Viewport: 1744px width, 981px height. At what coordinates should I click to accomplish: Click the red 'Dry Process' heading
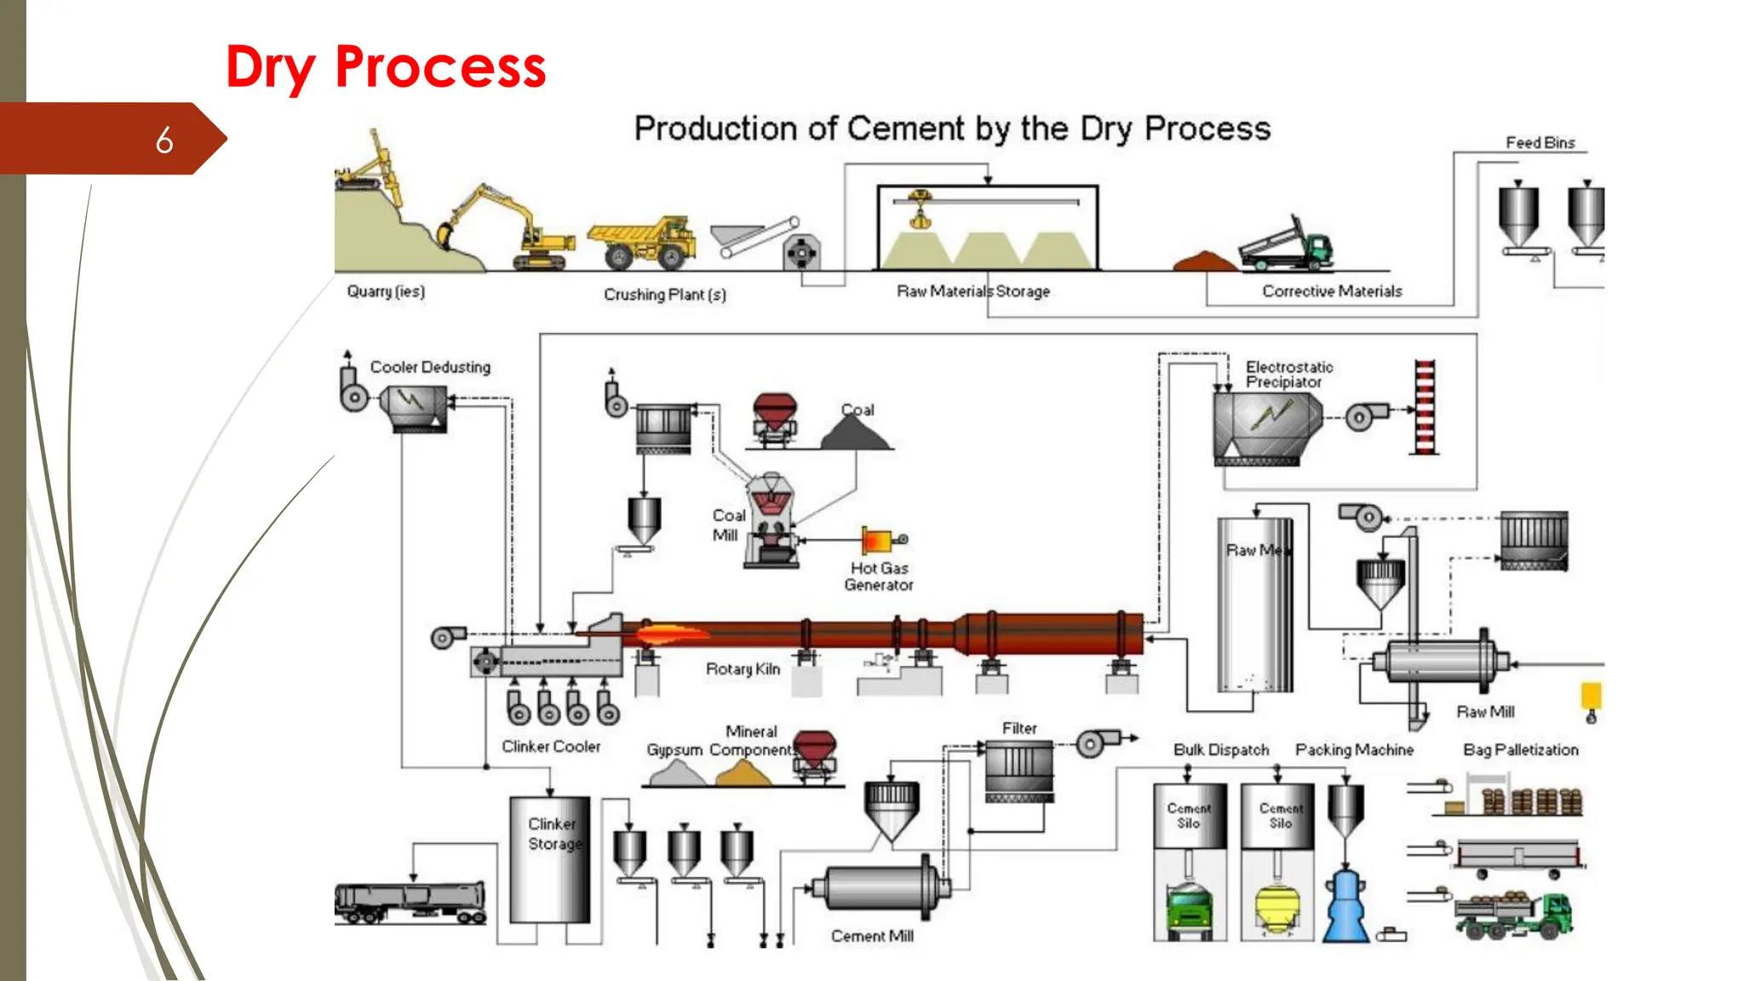385,67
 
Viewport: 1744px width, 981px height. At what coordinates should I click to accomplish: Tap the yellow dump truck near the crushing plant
641,243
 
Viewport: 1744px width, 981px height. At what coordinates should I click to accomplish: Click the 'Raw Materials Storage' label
972,291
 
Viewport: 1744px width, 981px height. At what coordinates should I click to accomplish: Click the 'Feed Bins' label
1540,143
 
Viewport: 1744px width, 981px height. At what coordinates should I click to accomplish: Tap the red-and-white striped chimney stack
1425,407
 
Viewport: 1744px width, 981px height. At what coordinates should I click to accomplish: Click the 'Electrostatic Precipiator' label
1288,375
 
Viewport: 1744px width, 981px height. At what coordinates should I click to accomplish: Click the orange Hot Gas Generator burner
877,540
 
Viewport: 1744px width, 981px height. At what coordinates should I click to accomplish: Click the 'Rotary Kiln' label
743,669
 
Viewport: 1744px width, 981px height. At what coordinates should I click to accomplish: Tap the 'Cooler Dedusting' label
430,367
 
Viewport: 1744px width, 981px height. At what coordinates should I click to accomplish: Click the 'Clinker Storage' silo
550,860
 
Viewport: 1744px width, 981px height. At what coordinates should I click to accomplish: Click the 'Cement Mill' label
872,936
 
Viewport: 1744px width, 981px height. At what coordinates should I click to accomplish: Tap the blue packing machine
1345,907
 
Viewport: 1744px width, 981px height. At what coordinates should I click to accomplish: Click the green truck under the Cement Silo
1189,911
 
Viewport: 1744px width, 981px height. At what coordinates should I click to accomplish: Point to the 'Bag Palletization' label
1520,750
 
